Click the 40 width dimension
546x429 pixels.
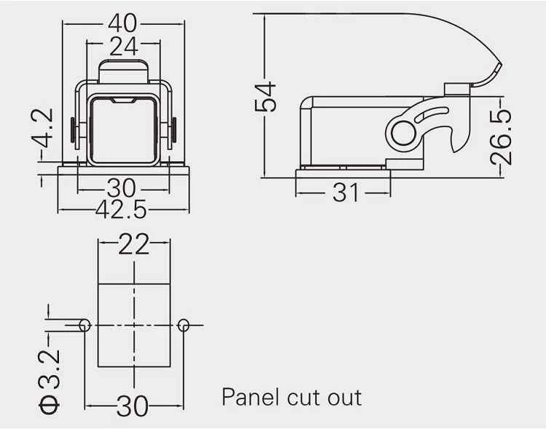(122, 23)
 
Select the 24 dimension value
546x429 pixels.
(124, 47)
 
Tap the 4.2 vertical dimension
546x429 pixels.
(42, 129)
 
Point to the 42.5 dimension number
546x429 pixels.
(121, 210)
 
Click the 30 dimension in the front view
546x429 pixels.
(121, 188)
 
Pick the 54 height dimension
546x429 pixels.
(265, 97)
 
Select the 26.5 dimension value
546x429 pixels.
(501, 137)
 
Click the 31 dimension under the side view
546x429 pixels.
(346, 193)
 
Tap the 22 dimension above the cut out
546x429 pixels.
(134, 244)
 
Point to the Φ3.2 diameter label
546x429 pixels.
(50, 381)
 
